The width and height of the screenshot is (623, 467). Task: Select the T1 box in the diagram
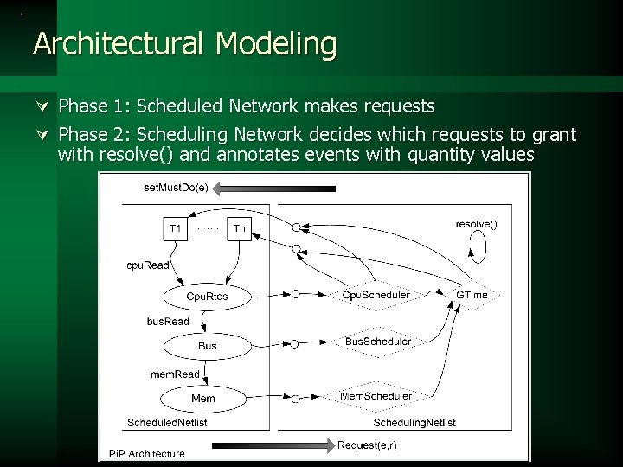point(175,229)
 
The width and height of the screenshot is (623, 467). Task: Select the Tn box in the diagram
point(240,229)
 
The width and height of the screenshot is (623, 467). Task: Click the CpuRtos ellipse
point(208,297)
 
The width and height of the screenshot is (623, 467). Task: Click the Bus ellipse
point(208,346)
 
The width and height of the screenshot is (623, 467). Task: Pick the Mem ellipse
point(203,398)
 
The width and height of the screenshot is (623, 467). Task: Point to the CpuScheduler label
point(376,295)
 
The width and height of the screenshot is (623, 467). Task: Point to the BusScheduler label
point(378,342)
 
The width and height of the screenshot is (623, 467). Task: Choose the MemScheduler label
point(376,395)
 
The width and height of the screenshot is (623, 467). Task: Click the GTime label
point(472,295)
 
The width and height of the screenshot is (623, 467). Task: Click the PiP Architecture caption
point(146,453)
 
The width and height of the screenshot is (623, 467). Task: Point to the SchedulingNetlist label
point(414,422)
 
